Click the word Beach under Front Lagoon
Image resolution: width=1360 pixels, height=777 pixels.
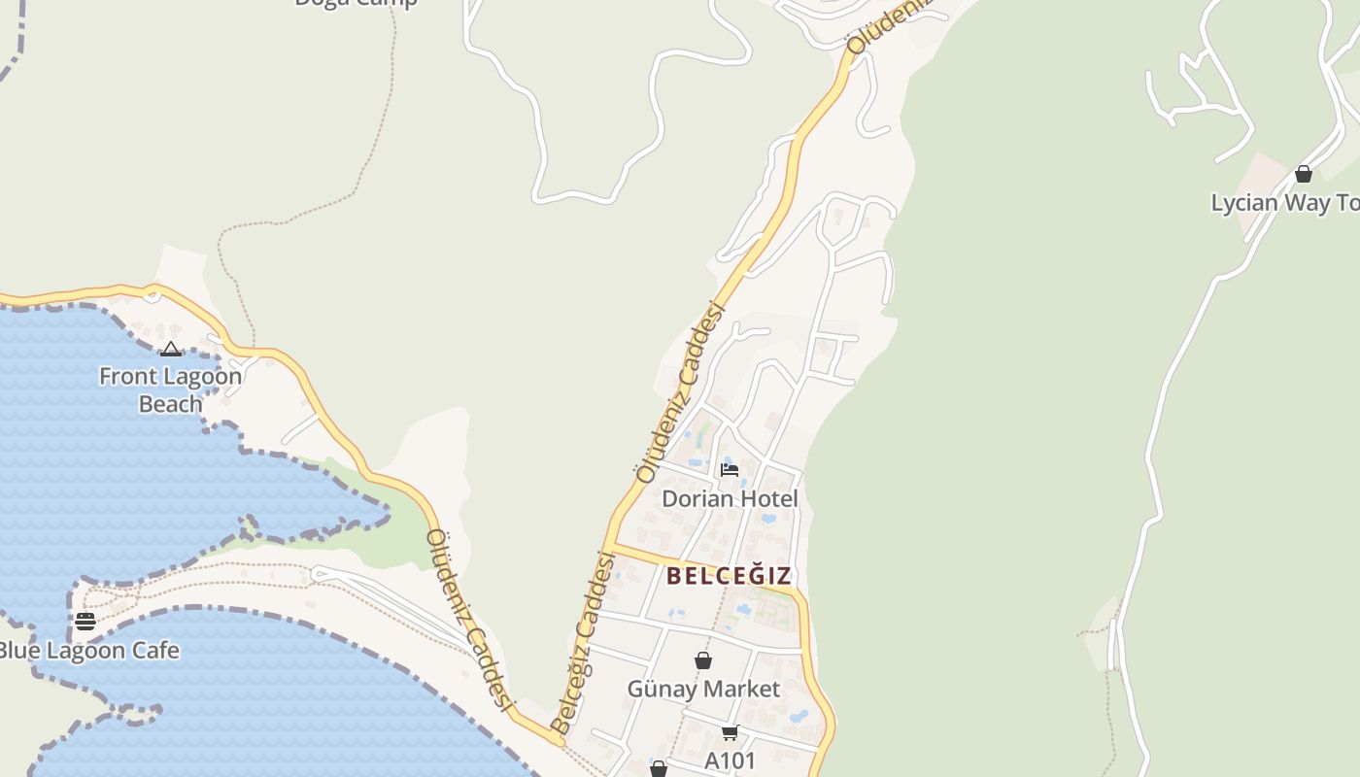[171, 404]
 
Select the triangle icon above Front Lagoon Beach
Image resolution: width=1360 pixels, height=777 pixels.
[171, 350]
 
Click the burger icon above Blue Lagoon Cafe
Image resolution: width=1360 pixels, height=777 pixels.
[85, 621]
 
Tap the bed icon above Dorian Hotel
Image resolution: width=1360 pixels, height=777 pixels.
[730, 470]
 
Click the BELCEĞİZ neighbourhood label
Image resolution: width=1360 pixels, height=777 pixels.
[729, 576]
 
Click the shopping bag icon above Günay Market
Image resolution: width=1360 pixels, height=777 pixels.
[703, 660]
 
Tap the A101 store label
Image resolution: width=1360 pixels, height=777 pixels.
[730, 760]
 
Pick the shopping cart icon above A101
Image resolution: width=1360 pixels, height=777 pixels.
[730, 732]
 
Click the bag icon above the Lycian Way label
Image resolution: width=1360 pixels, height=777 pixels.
[1304, 174]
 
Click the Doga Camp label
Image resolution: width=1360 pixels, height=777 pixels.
[356, 3]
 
